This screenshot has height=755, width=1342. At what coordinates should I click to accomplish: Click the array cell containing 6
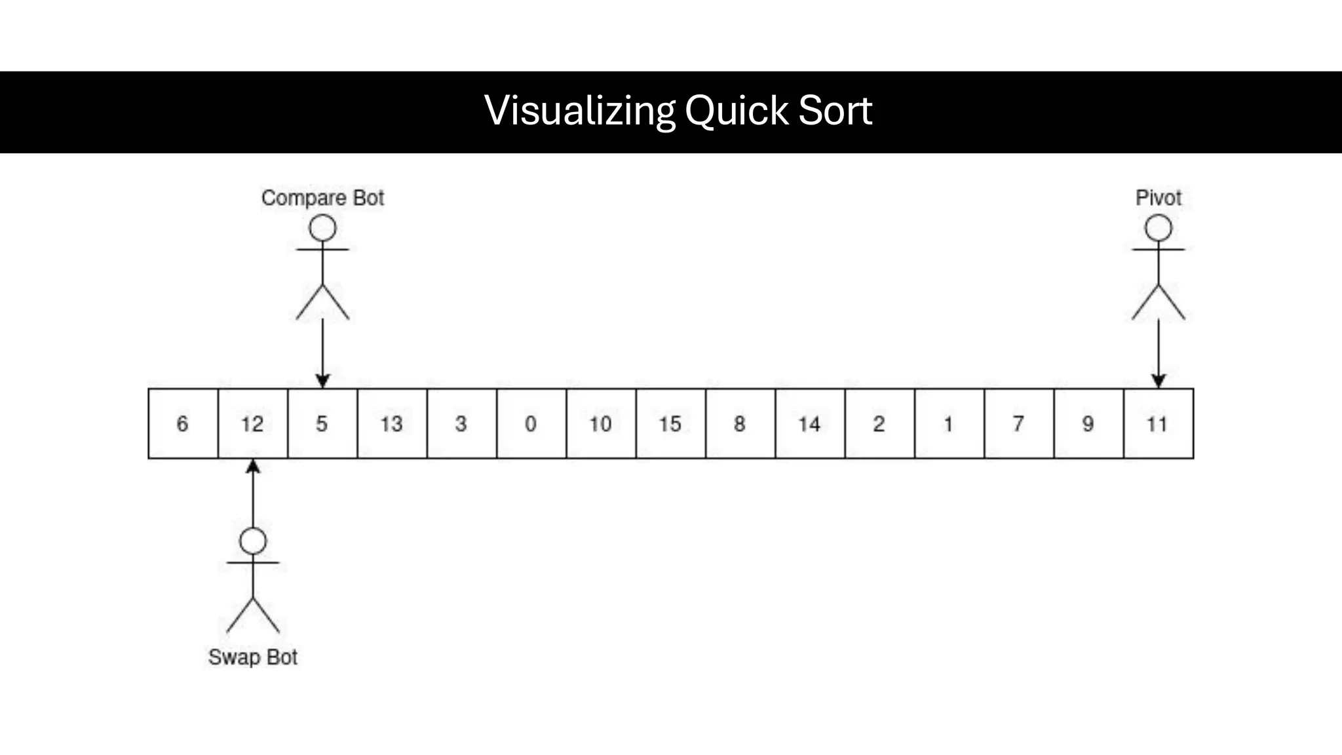183,423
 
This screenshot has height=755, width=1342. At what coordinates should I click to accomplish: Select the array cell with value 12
252,423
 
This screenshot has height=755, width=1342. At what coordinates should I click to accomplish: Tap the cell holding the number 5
322,423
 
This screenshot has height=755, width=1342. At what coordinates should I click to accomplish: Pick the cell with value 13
392,423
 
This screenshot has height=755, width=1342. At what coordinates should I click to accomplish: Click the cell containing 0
531,423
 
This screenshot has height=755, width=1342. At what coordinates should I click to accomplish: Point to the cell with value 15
670,423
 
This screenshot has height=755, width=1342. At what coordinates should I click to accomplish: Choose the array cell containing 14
810,423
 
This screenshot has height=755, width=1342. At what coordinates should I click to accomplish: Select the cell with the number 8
740,423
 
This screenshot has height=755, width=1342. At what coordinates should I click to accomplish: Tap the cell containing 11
1158,423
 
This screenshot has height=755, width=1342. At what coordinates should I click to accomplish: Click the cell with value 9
1088,423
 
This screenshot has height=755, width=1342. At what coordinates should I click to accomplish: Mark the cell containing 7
1018,423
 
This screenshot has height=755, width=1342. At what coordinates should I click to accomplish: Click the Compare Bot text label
322,197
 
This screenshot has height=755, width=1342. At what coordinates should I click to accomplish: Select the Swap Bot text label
252,657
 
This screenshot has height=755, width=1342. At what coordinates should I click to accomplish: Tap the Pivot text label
1158,197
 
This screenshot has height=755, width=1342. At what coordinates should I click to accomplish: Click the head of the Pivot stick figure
1158,229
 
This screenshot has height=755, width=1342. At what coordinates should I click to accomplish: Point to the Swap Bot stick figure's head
253,541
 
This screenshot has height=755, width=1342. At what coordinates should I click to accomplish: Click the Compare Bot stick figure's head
322,229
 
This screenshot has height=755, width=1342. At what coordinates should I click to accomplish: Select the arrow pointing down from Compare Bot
322,354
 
